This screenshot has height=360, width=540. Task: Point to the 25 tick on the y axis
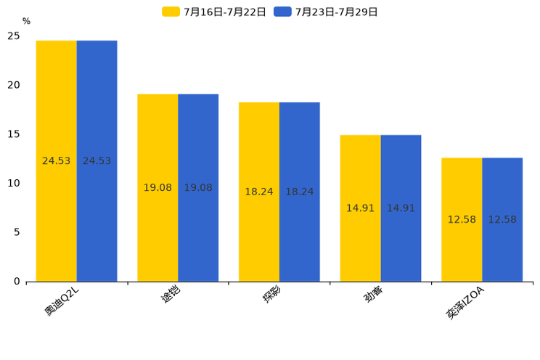pyautogui.click(x=14, y=36)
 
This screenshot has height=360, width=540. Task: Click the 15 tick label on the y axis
pyautogui.click(x=14, y=134)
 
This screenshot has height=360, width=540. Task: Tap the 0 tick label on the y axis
pyautogui.click(x=17, y=282)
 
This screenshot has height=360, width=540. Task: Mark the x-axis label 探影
pyautogui.click(x=272, y=296)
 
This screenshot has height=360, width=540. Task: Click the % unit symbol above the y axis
pyautogui.click(x=26, y=22)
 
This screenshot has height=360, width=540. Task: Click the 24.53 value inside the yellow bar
pyautogui.click(x=57, y=161)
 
